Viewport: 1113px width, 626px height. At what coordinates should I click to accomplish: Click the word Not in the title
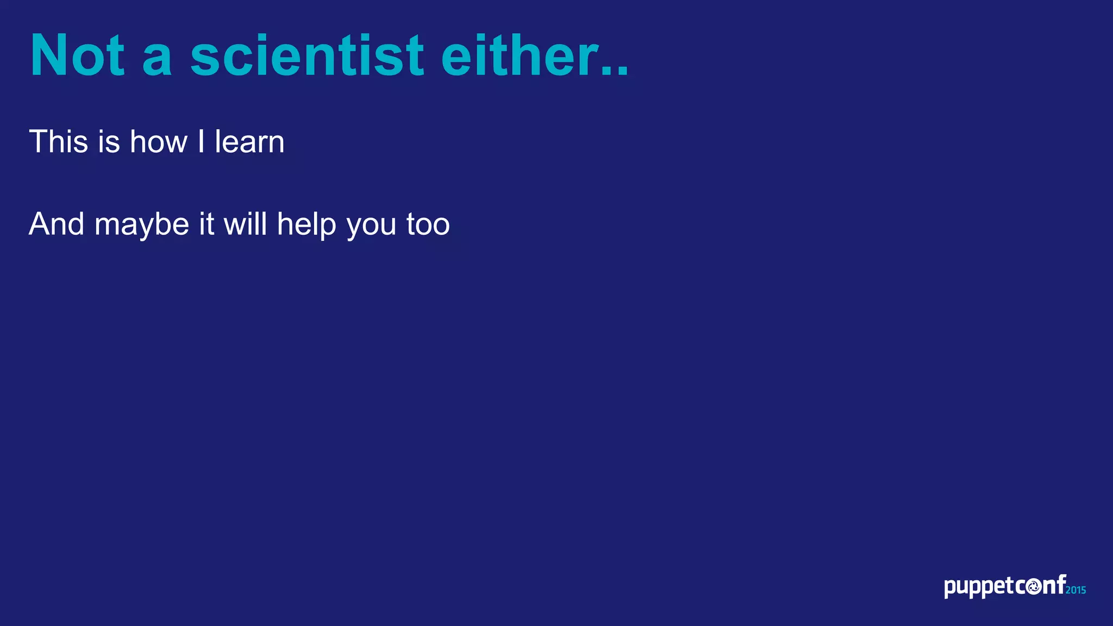click(77, 56)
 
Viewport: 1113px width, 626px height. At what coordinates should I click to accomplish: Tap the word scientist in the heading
click(307, 56)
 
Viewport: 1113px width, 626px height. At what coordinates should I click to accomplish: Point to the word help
click(307, 224)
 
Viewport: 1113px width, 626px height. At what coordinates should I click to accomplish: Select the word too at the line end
click(428, 224)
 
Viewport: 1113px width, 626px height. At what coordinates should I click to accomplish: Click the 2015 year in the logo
click(1076, 590)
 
